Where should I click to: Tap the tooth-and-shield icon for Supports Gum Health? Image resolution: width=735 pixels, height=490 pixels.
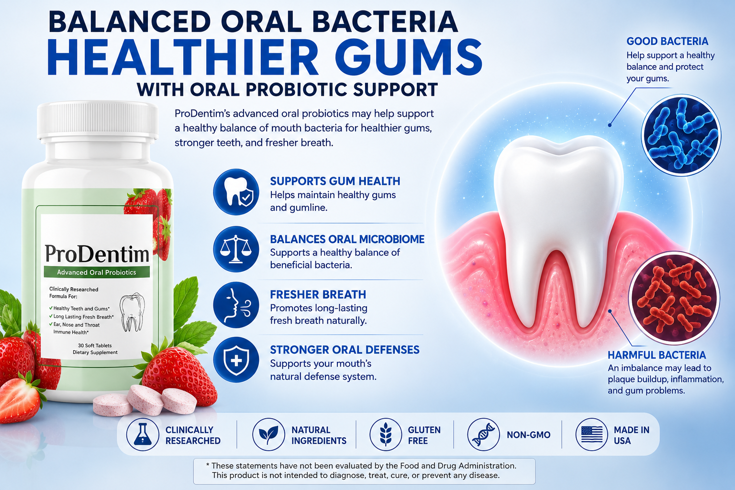(236, 192)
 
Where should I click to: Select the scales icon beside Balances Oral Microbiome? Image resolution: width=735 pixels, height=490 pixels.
(236, 249)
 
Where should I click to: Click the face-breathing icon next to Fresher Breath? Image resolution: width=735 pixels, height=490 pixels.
(236, 305)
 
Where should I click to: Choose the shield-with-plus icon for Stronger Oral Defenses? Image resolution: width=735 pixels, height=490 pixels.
(236, 360)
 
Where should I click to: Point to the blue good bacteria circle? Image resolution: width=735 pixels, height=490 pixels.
(681, 135)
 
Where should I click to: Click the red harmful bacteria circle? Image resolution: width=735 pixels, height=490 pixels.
(674, 298)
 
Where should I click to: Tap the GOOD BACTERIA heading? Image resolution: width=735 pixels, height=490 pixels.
(668, 41)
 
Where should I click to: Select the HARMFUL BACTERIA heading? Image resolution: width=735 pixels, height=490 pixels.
(657, 355)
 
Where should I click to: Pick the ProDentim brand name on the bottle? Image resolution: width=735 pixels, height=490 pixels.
(97, 254)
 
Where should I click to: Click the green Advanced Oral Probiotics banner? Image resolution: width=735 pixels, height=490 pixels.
(97, 272)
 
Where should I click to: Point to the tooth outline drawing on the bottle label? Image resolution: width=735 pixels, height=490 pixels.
(132, 312)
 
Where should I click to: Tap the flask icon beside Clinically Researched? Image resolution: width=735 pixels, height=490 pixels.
(143, 434)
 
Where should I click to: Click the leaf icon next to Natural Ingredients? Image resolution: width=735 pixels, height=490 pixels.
(268, 434)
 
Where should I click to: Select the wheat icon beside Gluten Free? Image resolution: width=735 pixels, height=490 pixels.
(386, 434)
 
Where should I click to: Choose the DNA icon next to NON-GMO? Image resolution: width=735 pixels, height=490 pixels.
(483, 434)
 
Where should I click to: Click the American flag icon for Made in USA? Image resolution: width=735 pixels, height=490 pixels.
(591, 434)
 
